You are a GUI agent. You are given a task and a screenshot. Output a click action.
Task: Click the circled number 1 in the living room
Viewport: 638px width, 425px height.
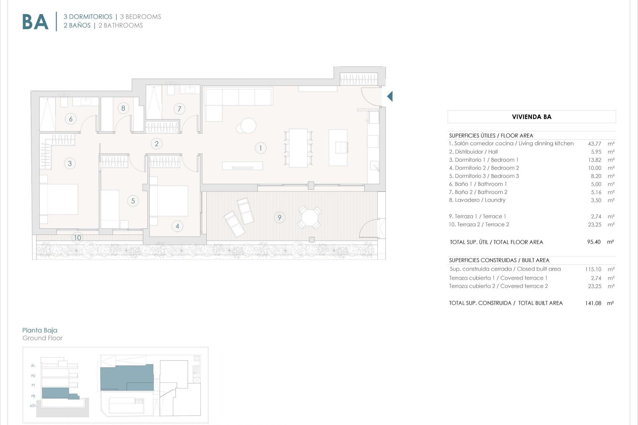[x=261, y=148]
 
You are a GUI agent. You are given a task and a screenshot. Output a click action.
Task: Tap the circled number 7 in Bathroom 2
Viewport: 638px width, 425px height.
[x=179, y=109]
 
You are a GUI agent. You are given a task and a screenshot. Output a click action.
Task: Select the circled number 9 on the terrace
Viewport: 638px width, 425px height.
[x=279, y=217]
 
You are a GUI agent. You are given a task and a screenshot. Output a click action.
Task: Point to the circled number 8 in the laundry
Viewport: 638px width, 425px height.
[x=123, y=108]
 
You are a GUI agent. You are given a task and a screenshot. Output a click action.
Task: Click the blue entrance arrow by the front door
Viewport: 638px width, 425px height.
[x=390, y=96]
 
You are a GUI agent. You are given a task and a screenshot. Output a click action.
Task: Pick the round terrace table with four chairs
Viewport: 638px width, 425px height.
[x=310, y=217]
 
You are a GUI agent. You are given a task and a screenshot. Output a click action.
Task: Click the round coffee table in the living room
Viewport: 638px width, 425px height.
[x=248, y=126]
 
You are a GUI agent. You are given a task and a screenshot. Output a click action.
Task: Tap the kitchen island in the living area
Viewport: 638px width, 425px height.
[x=338, y=147]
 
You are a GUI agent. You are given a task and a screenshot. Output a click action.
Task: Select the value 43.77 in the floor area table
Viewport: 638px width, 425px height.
[x=594, y=144]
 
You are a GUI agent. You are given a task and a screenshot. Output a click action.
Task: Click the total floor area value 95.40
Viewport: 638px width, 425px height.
[x=594, y=242]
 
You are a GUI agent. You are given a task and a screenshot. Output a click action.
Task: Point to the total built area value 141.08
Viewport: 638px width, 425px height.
[x=593, y=303]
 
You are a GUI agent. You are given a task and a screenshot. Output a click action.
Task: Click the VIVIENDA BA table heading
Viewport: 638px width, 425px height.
[x=532, y=117]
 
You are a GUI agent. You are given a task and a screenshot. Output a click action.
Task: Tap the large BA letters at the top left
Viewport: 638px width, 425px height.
[x=35, y=22]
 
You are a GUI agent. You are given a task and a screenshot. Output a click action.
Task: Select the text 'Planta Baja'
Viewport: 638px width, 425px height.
[x=40, y=330]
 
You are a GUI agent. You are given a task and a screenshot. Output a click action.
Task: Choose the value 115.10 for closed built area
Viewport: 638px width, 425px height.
[x=593, y=269]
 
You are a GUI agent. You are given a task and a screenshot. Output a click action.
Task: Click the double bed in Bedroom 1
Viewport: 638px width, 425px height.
[x=59, y=199]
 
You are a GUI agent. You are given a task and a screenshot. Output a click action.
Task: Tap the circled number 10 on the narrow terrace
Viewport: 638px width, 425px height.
[x=77, y=238]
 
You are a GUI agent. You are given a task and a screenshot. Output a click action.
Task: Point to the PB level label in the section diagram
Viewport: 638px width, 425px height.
[x=33, y=396]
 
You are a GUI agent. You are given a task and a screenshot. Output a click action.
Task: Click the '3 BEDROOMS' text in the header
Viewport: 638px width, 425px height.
[x=141, y=17]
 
